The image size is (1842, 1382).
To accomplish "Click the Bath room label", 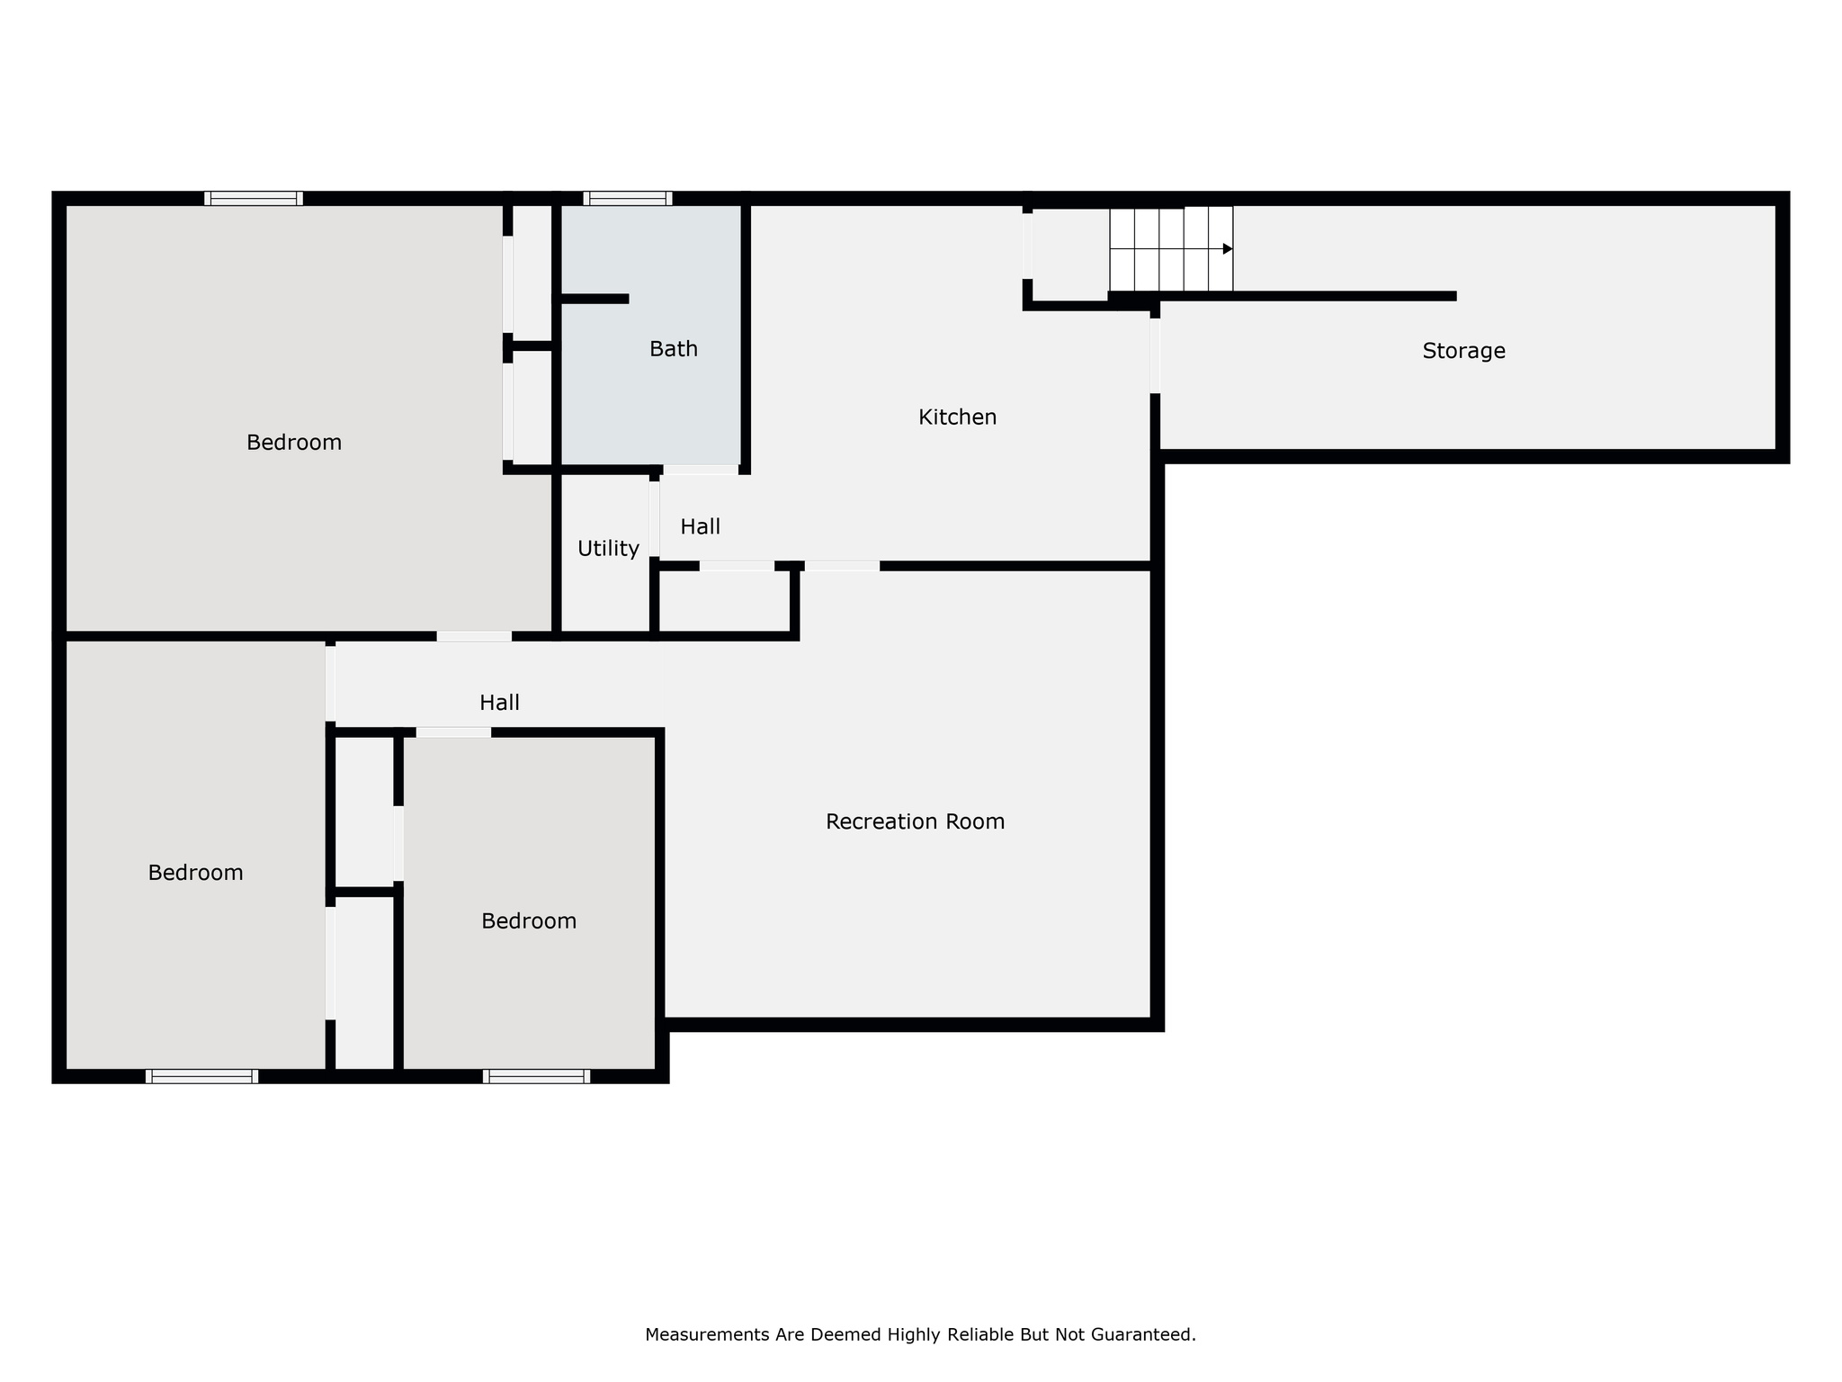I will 673,349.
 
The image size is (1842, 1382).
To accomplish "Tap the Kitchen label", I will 957,417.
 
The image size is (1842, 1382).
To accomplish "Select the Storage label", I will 1463,351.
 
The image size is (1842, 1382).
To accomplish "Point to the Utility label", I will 608,549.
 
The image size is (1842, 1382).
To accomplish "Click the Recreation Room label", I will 915,821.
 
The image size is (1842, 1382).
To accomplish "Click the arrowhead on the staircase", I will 1227,249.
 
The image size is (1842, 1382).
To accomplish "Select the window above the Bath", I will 627,199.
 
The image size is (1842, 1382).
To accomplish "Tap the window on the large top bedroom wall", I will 253,199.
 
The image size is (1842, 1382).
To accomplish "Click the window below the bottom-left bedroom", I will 201,1076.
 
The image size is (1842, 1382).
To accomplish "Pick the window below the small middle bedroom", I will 536,1076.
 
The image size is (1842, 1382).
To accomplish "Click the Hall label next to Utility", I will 700,527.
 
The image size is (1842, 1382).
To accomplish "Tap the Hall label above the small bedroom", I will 499,703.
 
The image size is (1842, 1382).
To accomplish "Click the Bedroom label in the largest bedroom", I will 294,443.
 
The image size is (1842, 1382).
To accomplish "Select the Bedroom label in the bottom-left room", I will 195,873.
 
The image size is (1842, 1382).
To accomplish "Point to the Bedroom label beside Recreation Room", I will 529,921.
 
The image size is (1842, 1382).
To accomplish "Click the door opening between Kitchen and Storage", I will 1155,355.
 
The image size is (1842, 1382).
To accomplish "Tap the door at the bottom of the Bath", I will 700,470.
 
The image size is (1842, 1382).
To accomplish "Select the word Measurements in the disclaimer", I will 708,1334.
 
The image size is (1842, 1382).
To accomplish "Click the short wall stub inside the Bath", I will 595,299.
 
